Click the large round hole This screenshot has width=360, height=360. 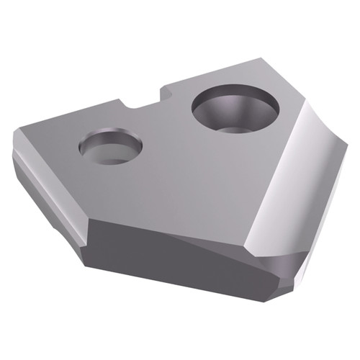pos(235,109)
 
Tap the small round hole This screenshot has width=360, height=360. pos(110,146)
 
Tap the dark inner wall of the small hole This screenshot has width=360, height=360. pos(108,139)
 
